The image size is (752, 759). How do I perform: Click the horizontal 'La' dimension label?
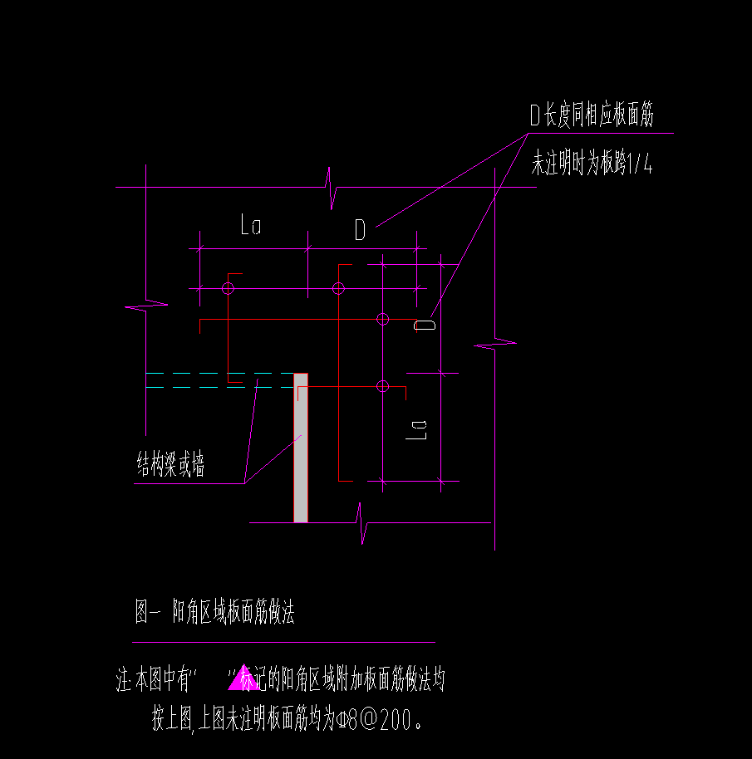[x=251, y=224]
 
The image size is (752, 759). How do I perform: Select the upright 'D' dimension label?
[x=360, y=229]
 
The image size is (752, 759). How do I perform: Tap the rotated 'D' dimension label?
[x=425, y=325]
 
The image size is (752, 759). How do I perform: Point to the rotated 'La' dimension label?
[x=416, y=430]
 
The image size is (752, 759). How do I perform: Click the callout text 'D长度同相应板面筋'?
[x=592, y=115]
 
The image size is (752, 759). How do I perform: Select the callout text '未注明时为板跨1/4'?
[x=592, y=162]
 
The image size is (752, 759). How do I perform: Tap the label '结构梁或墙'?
[x=170, y=463]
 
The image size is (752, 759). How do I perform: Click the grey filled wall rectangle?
[x=301, y=448]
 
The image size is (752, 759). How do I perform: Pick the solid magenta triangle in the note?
[x=243, y=677]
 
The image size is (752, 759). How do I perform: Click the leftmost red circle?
[x=228, y=289]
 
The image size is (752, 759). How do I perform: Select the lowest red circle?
[x=383, y=386]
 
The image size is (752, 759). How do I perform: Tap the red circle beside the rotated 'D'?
[x=383, y=319]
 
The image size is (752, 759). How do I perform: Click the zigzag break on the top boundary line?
[x=332, y=188]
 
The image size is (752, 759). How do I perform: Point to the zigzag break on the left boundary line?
[x=146, y=306]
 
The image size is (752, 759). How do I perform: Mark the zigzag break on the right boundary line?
[x=495, y=343]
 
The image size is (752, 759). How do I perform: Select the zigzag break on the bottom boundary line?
[x=362, y=523]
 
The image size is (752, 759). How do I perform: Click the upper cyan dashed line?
[x=219, y=373]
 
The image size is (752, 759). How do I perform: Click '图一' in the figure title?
[x=148, y=611]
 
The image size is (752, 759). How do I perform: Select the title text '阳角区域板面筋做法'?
[x=233, y=611]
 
